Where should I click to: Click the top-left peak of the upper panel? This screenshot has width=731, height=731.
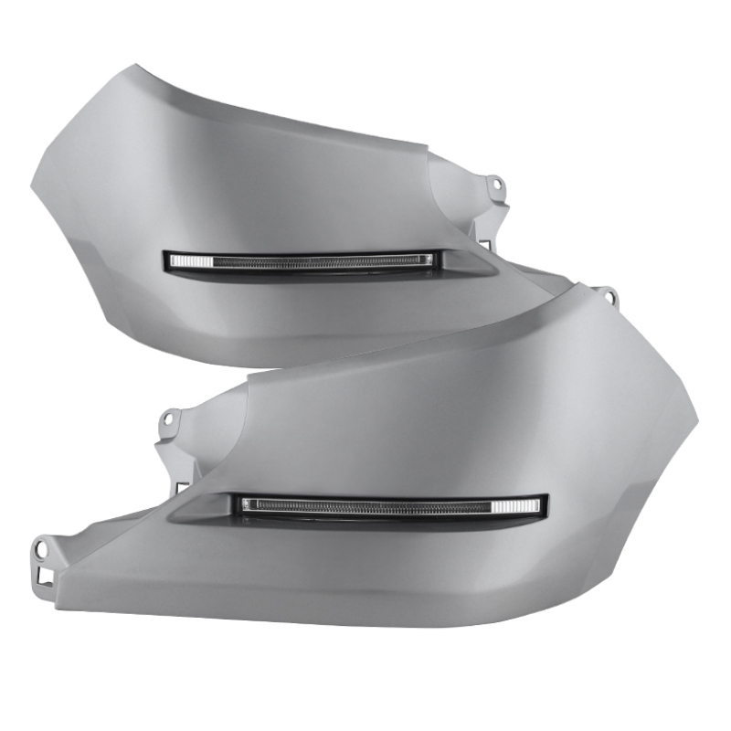[x=135, y=67]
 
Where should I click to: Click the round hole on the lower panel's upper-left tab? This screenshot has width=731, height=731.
[x=167, y=420]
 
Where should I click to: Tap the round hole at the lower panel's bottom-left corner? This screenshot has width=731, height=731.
[x=41, y=550]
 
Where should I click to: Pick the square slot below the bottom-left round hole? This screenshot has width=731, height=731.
[x=42, y=576]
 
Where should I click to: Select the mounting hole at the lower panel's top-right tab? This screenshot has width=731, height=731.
[x=606, y=295]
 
